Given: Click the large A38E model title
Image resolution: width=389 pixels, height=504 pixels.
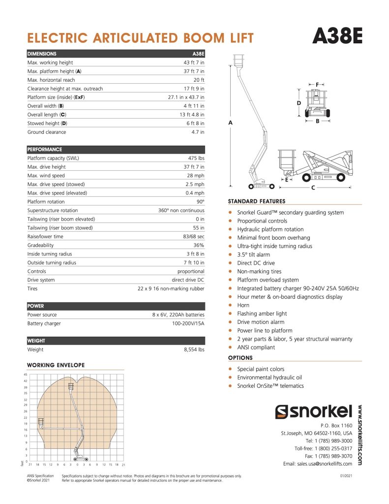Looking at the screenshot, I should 337,36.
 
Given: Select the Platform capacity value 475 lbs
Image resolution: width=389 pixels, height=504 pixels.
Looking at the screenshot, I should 195,158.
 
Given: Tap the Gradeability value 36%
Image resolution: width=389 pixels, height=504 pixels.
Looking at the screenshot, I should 198,245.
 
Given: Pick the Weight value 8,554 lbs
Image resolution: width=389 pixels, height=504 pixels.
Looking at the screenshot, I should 191,349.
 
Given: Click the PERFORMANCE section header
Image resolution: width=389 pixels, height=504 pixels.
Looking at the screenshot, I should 45,149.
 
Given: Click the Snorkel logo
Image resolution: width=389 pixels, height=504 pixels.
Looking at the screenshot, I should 314,411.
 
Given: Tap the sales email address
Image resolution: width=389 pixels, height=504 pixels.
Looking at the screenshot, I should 318,464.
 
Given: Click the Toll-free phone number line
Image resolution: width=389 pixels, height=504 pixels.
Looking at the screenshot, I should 323,448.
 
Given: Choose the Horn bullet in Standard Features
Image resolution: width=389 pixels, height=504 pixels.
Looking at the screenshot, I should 243,305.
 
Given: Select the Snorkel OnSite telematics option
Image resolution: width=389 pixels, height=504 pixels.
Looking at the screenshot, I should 270,386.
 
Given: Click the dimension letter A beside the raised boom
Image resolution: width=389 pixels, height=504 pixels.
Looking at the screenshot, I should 230,122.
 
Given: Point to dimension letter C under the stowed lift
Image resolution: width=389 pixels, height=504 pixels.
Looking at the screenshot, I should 313,188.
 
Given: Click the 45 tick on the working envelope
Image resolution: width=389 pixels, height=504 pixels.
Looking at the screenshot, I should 25,375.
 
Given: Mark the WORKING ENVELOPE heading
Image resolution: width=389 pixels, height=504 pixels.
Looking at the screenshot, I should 56,365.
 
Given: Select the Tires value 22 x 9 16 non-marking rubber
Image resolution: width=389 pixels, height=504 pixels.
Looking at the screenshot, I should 171,288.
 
